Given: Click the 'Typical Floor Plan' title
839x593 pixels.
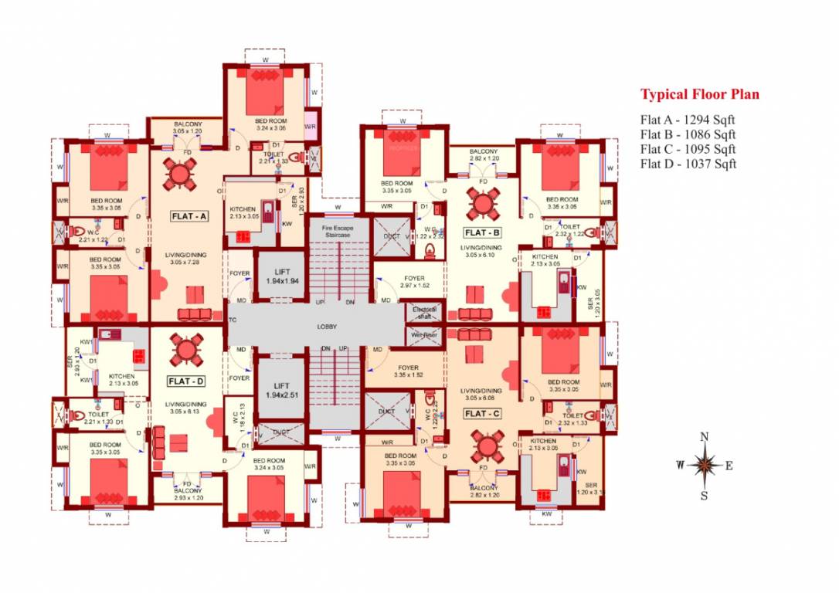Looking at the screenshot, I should (x=699, y=95).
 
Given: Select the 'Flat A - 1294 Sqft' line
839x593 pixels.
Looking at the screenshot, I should (x=687, y=120).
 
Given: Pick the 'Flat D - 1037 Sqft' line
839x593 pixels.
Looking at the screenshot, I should (x=688, y=164).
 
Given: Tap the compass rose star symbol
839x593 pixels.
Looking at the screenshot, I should (x=704, y=465).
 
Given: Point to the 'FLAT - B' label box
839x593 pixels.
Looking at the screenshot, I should (x=483, y=232).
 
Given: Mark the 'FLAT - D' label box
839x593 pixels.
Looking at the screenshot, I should (x=186, y=381).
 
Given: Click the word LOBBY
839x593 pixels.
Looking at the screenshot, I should (x=327, y=327).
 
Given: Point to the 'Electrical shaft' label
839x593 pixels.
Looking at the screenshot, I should (x=425, y=313).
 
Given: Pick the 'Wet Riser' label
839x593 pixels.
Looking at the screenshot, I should (x=425, y=335).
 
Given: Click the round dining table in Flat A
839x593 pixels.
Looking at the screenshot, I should (x=179, y=174).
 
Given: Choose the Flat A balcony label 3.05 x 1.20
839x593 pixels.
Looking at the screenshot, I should (x=187, y=127).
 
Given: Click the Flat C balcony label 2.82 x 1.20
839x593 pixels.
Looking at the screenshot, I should (x=484, y=492).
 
